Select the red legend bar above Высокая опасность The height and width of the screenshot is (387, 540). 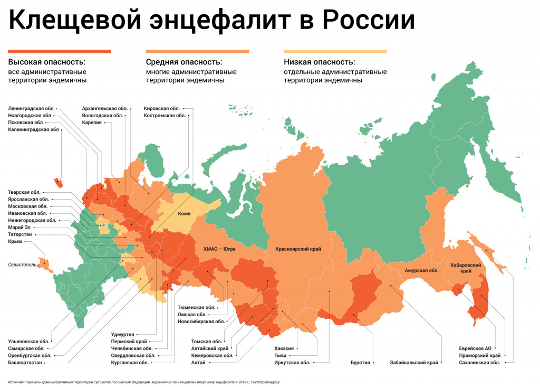click(x=60, y=51)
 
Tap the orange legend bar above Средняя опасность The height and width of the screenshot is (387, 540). click(x=197, y=51)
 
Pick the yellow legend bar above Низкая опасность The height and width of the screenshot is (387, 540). click(x=335, y=51)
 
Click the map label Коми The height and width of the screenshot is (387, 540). click(x=184, y=214)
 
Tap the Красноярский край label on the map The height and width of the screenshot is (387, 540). click(x=298, y=248)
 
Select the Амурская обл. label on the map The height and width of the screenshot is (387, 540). click(x=421, y=270)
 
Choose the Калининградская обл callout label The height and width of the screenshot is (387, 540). click(x=33, y=129)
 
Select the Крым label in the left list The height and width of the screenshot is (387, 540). click(x=15, y=241)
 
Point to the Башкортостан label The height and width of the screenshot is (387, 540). click(x=25, y=363)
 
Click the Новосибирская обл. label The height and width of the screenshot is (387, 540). click(x=201, y=321)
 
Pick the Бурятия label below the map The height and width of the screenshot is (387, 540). click(x=360, y=363)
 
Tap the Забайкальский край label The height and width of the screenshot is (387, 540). click(x=414, y=363)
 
